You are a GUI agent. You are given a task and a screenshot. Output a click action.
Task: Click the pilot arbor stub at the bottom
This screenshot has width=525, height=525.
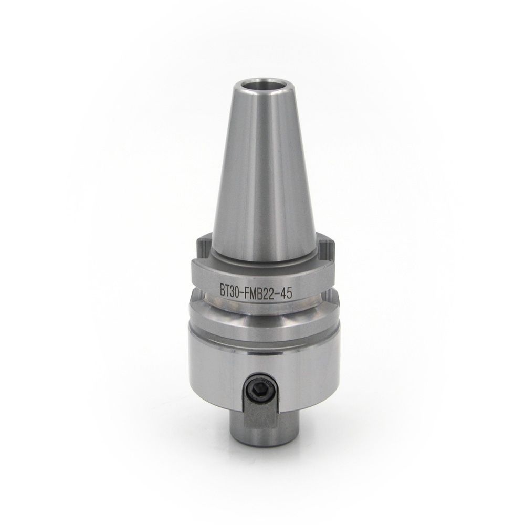click(260, 425)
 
